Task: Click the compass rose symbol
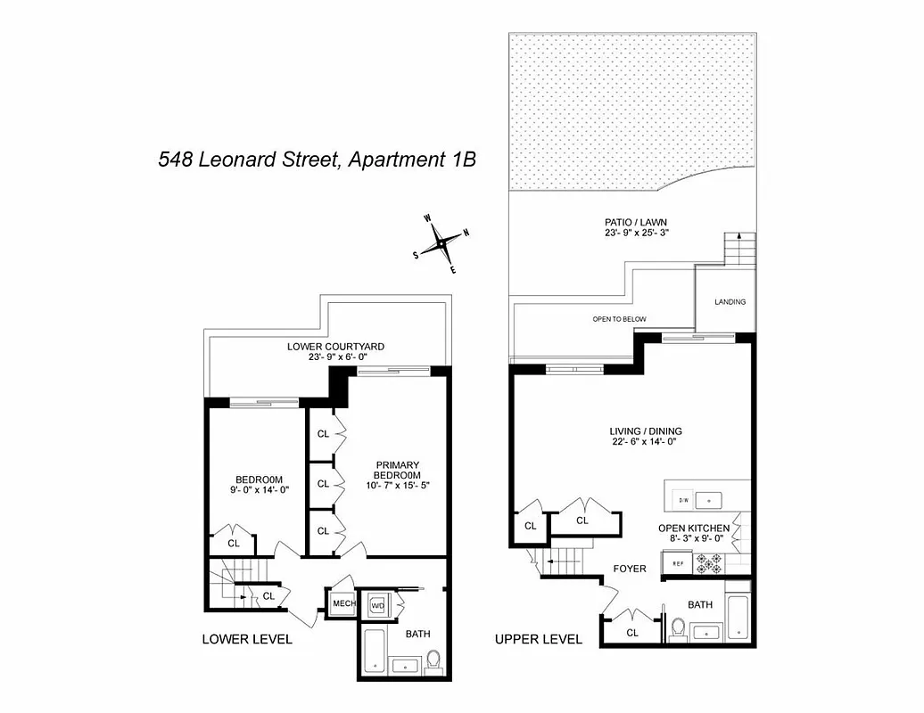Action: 441,241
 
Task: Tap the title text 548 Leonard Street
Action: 317,160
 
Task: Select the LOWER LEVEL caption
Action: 247,639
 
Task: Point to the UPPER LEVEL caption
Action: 538,639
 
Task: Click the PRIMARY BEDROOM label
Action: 397,470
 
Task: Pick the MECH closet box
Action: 342,604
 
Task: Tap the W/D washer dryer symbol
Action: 376,605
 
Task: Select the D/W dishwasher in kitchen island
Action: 683,498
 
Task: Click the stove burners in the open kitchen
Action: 711,563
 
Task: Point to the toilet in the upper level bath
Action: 678,629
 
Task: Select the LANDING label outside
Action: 730,302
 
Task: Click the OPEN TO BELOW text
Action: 619,319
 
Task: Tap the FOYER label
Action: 629,568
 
